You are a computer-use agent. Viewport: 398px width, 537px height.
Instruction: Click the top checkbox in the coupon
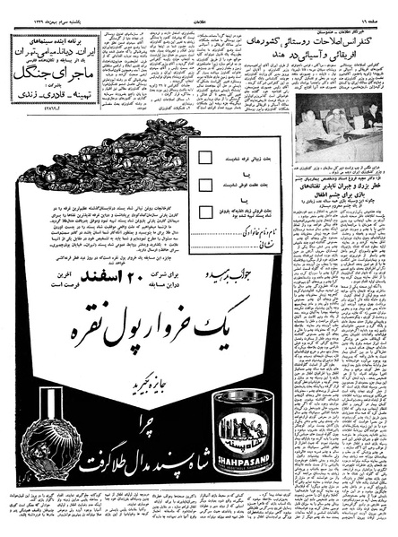[x=205, y=158]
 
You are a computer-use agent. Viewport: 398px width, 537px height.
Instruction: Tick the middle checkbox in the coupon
[x=205, y=185]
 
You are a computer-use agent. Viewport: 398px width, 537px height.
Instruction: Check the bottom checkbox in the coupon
[x=205, y=212]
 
